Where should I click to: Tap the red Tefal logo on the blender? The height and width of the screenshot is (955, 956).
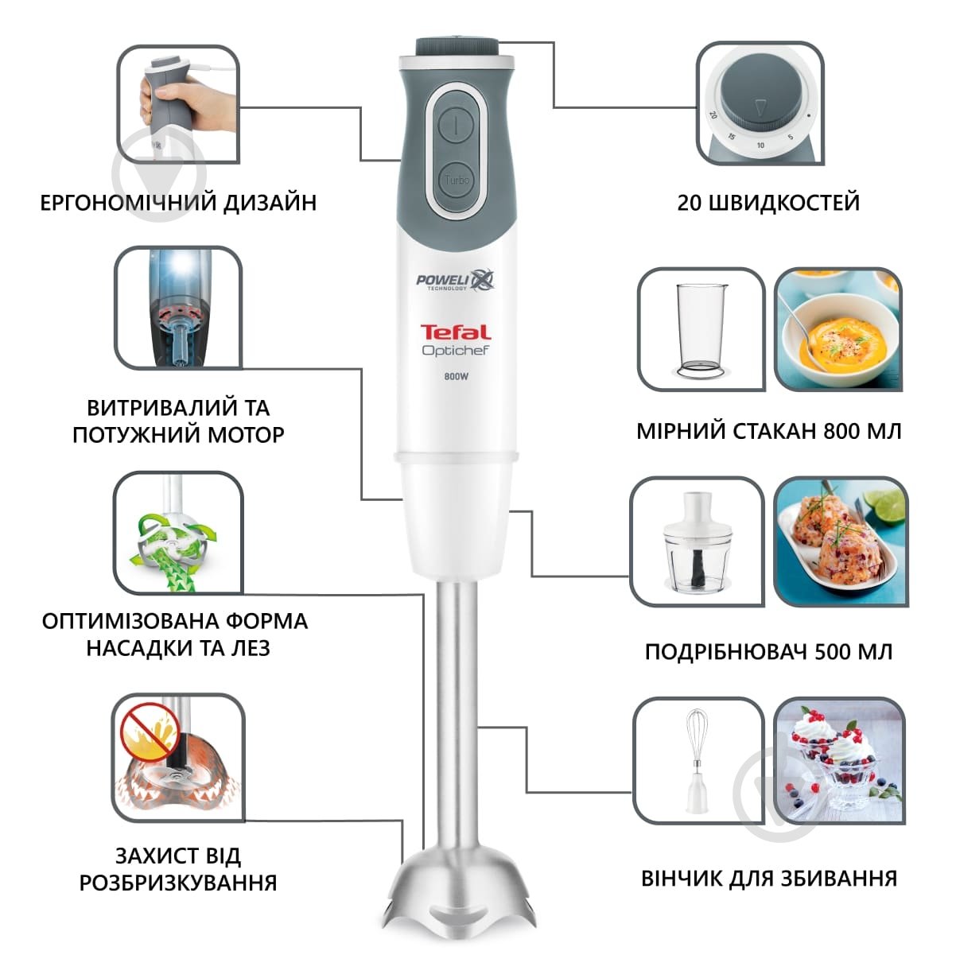pyautogui.click(x=455, y=332)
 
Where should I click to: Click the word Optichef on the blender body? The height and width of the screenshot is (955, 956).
pyautogui.click(x=455, y=350)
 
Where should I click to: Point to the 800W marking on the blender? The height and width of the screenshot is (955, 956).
pyautogui.click(x=455, y=378)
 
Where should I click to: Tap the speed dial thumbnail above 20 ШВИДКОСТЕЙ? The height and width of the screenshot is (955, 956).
pyautogui.click(x=760, y=103)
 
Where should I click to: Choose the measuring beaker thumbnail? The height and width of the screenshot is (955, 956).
pyautogui.click(x=701, y=330)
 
